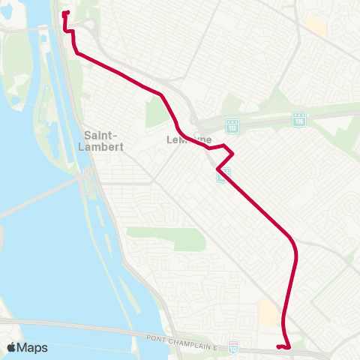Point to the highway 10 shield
point(234,347)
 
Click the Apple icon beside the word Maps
point(11,347)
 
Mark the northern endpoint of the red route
point(66,13)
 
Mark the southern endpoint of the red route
point(277,346)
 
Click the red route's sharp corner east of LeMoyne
point(233,155)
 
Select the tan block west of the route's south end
point(268,311)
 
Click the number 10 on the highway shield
point(234,348)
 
